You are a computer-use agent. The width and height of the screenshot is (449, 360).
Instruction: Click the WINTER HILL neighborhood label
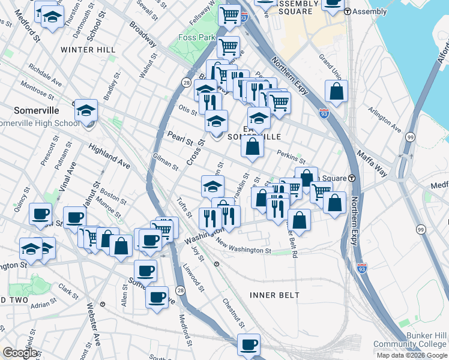tap(88, 49)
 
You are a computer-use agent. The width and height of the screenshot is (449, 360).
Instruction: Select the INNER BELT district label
tap(271, 295)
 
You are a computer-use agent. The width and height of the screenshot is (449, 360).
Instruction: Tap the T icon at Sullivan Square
tap(352, 178)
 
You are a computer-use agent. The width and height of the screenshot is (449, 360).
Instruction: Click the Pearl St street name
tap(180, 139)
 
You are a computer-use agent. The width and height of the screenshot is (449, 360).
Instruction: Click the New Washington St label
tap(243, 248)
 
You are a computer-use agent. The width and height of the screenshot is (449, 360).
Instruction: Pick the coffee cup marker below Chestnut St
tap(249, 344)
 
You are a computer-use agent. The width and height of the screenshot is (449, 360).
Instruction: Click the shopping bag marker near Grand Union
tap(337, 92)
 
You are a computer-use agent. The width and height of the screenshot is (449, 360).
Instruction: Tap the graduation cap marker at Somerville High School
tap(86, 110)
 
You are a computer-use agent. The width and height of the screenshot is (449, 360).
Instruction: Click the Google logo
tap(20, 353)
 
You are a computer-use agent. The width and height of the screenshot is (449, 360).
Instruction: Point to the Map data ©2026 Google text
tap(411, 355)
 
